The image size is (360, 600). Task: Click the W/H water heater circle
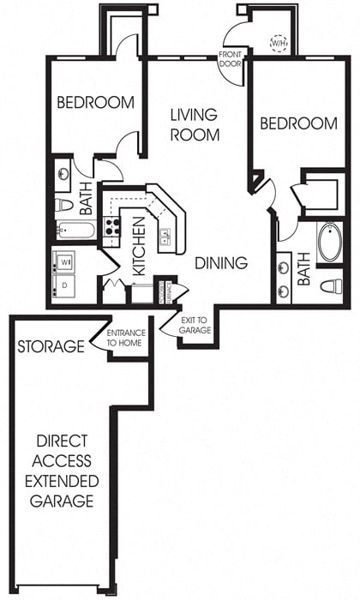pos(279,42)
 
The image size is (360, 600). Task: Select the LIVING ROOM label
pos(194,124)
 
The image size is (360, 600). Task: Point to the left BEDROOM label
pos(95,103)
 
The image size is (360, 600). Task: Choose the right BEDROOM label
pos(298,124)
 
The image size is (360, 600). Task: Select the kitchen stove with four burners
pos(111,227)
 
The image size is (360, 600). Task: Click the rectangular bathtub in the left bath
pos(75,230)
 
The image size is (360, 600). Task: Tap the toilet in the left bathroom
pos(63,206)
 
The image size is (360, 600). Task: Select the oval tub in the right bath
pos(329,243)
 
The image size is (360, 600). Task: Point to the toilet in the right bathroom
pos(331,285)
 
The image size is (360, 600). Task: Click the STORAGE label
pos(51,347)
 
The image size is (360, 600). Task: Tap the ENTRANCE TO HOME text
pos(125,339)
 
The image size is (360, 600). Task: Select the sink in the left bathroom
pos(64,175)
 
